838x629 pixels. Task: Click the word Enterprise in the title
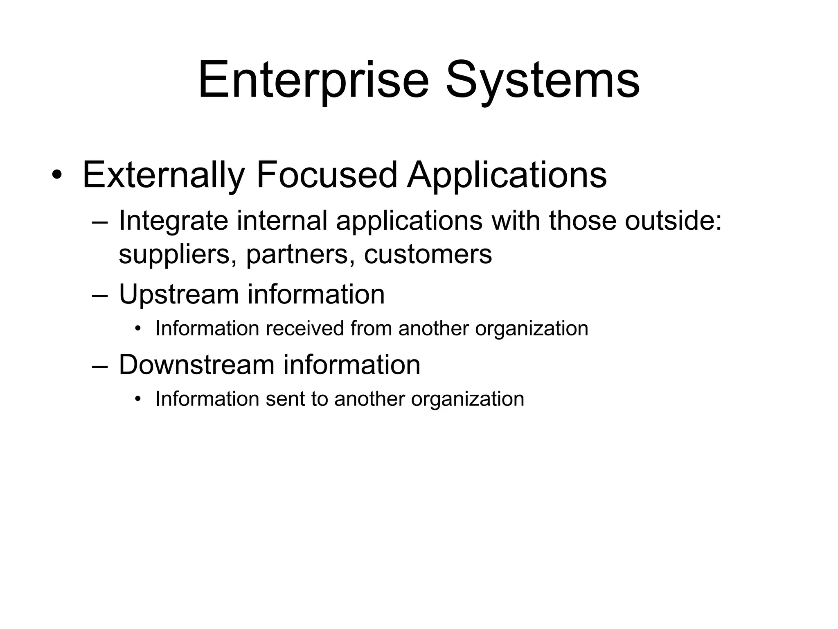[x=313, y=80]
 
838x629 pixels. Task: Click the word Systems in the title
[x=543, y=80]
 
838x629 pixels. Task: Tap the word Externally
[x=163, y=175]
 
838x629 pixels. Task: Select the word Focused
[x=326, y=175]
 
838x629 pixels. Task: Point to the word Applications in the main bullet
[x=507, y=175]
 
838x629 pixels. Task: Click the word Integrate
[x=173, y=221]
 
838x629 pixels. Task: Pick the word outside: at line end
[x=673, y=221]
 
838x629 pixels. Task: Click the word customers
[x=428, y=254]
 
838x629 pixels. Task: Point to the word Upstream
[x=178, y=295]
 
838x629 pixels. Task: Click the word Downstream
[x=196, y=364]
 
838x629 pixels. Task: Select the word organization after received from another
[x=532, y=328]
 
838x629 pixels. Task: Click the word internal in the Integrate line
[x=282, y=221]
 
